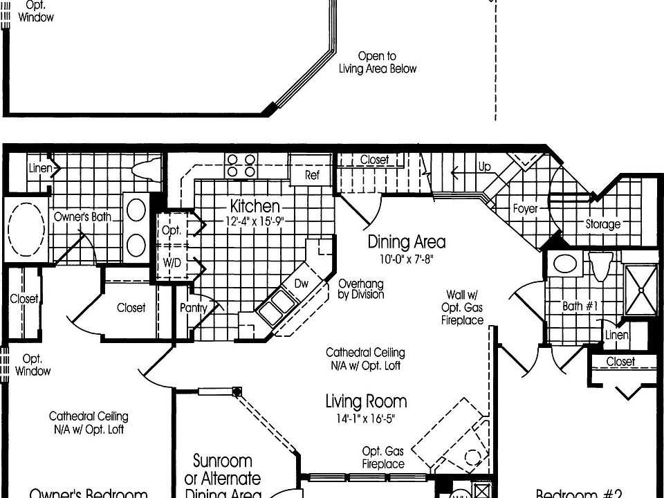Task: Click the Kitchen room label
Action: coord(255,206)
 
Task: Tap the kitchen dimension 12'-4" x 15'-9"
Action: coord(255,221)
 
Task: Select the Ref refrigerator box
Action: coord(313,176)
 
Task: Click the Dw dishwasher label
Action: coord(300,283)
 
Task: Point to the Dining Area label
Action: coord(406,242)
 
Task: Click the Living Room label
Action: coord(366,401)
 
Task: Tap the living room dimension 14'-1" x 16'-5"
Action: coord(366,418)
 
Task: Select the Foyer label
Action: coord(525,208)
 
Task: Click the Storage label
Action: coord(602,224)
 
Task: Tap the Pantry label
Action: coord(193,307)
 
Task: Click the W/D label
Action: coord(171,263)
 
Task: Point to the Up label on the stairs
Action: coord(484,167)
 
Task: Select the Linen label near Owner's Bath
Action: coord(41,167)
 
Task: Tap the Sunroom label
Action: coord(221,461)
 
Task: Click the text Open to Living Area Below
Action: coord(377,62)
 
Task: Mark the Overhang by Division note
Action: coord(360,289)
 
